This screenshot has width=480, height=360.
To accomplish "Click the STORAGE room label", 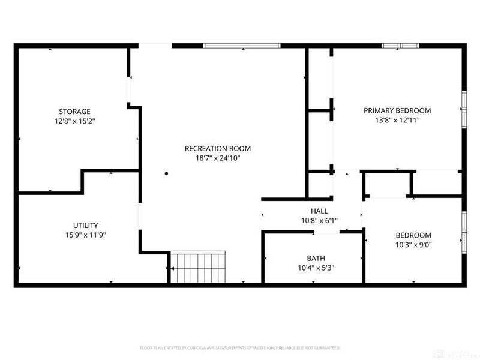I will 74,111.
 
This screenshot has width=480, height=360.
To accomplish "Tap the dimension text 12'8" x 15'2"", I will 74,121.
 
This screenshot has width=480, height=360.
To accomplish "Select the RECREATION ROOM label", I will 217,148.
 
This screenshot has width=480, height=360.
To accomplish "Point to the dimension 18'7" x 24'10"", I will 217,158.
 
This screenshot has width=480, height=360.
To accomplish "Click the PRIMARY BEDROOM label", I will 397,110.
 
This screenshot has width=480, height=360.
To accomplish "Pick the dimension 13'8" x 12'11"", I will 397,120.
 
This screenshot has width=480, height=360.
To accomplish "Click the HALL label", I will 319,211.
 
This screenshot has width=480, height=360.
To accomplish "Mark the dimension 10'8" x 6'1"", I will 319,220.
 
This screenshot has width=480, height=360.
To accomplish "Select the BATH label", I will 316,258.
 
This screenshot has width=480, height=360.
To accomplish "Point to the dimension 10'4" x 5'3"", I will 316,268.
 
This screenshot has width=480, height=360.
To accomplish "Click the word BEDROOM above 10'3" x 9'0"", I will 413,235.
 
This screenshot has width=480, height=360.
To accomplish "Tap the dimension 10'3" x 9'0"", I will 413,245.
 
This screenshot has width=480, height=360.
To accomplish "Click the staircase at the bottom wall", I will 198,267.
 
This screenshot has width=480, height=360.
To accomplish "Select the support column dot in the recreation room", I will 167,174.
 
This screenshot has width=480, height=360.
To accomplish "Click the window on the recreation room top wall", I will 241,46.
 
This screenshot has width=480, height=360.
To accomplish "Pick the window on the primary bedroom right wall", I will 463,109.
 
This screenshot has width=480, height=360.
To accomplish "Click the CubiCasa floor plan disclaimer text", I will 240,347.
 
